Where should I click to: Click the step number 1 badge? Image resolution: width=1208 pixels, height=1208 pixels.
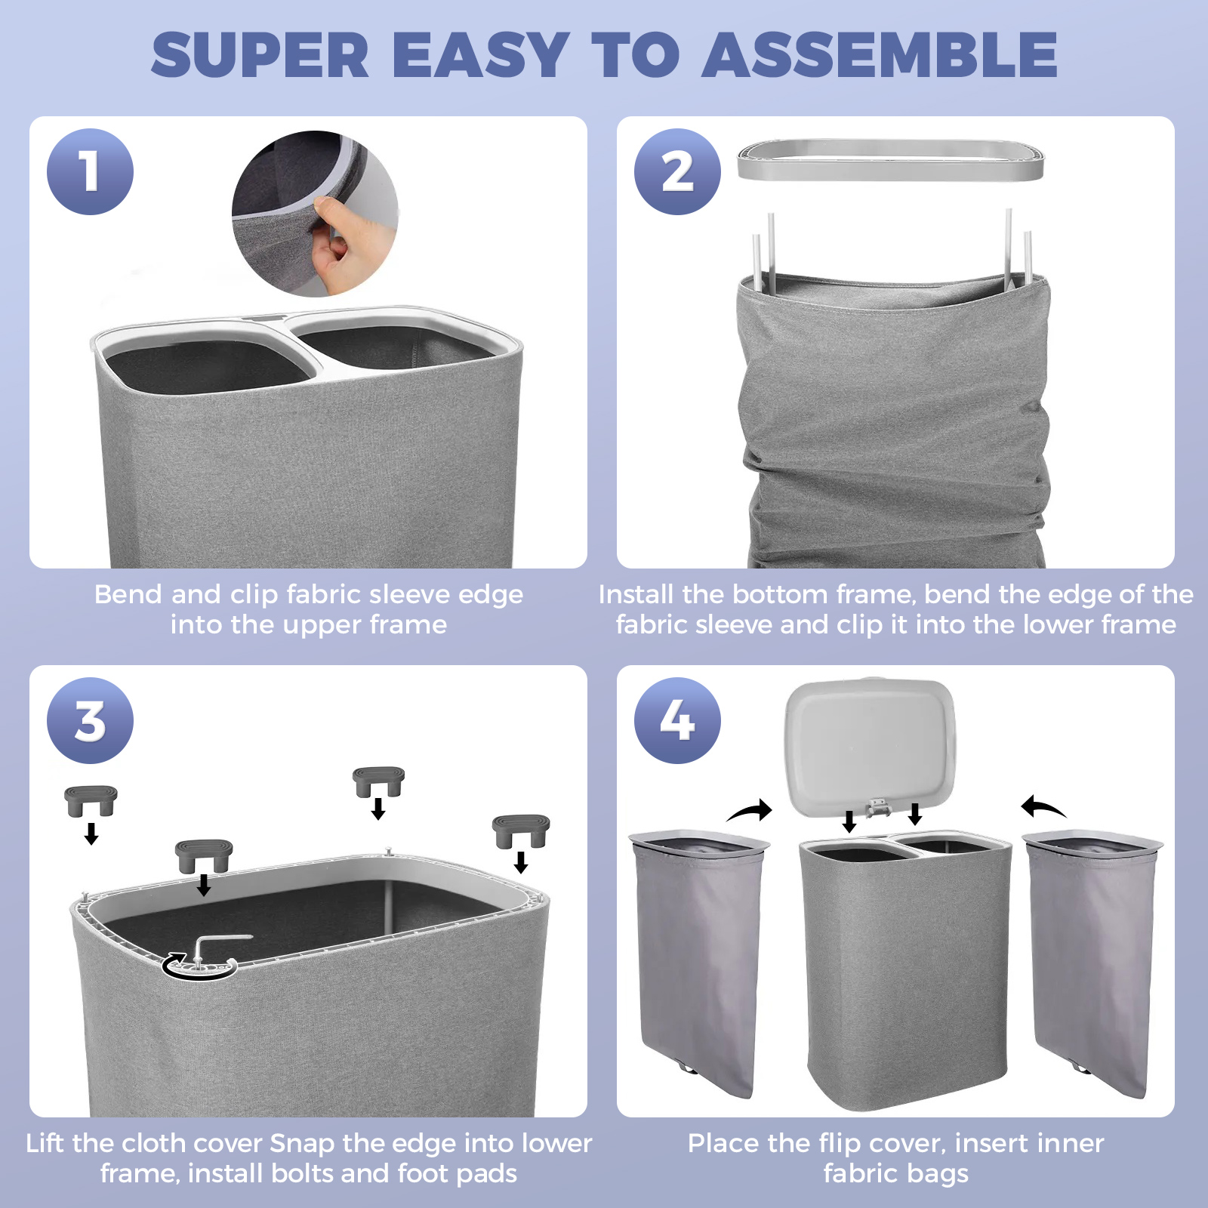(x=90, y=171)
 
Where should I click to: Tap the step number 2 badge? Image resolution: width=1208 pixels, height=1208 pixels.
(x=677, y=171)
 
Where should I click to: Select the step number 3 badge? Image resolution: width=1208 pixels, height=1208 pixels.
(x=90, y=720)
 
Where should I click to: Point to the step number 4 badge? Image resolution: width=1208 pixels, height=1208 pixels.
(x=677, y=720)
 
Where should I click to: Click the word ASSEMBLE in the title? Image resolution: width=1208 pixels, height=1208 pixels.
(x=880, y=54)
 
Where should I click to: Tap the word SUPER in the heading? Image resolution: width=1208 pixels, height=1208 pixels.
(x=260, y=54)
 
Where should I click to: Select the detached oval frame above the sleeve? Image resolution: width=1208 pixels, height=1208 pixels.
(x=890, y=159)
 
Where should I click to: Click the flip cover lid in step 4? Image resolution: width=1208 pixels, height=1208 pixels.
(x=870, y=748)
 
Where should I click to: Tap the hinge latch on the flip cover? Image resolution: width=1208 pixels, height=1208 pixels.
(x=877, y=808)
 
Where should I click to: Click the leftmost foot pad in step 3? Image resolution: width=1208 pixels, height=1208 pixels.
(x=91, y=800)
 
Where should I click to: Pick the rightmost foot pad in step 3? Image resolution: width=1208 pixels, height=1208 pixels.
(x=521, y=830)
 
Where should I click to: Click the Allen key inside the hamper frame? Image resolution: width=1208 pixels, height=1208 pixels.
(x=215, y=945)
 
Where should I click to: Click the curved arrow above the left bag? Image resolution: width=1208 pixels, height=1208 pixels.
(x=750, y=811)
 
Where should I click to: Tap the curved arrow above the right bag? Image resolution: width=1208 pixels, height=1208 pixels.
(x=1043, y=807)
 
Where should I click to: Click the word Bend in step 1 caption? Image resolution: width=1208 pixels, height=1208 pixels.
(x=128, y=594)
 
